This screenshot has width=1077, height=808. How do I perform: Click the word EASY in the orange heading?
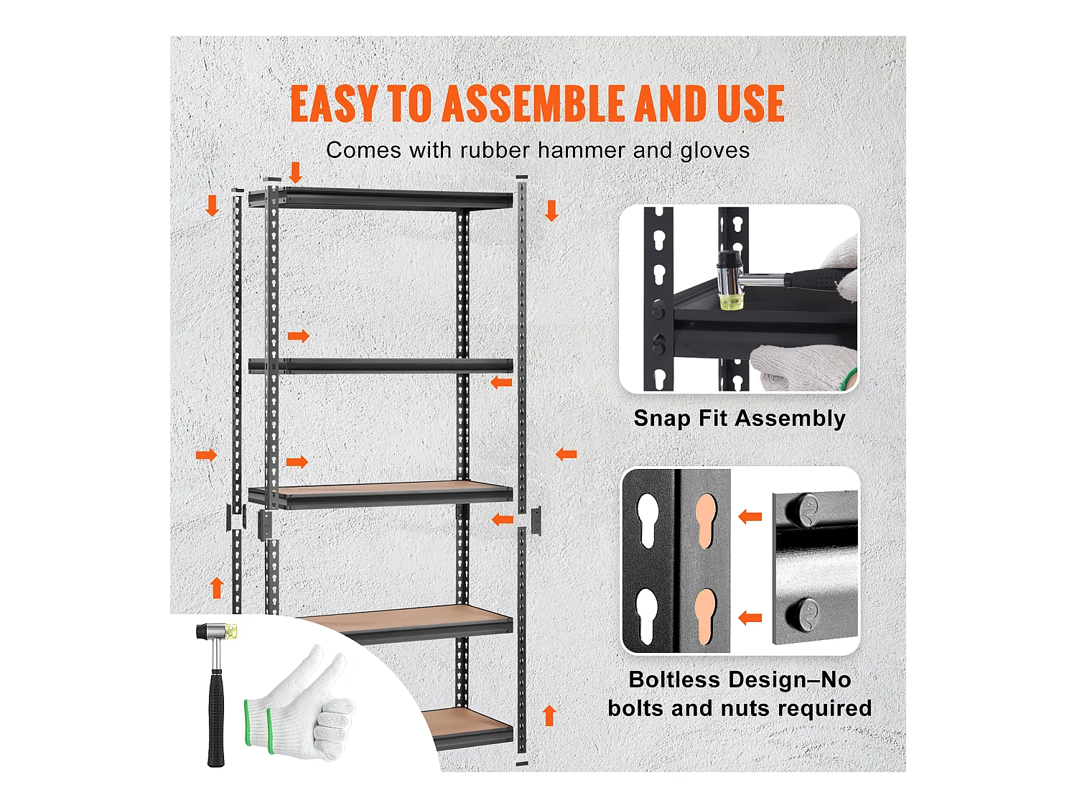coord(334,103)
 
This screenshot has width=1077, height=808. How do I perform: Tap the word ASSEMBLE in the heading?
coord(534,103)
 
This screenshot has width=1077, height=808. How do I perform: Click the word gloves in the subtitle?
coord(715,151)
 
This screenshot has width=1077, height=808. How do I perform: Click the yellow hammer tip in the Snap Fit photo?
coord(730,302)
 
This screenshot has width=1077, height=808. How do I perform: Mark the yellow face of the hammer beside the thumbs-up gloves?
coord(233,631)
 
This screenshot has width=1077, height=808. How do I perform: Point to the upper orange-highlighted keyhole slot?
coord(706,521)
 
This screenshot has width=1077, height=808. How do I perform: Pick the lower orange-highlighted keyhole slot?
coord(706,616)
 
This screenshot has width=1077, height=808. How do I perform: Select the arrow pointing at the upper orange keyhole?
coord(750,516)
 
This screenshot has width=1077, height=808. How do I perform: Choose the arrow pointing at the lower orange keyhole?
coord(750,618)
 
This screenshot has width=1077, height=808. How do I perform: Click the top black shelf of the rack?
coord(381,198)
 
